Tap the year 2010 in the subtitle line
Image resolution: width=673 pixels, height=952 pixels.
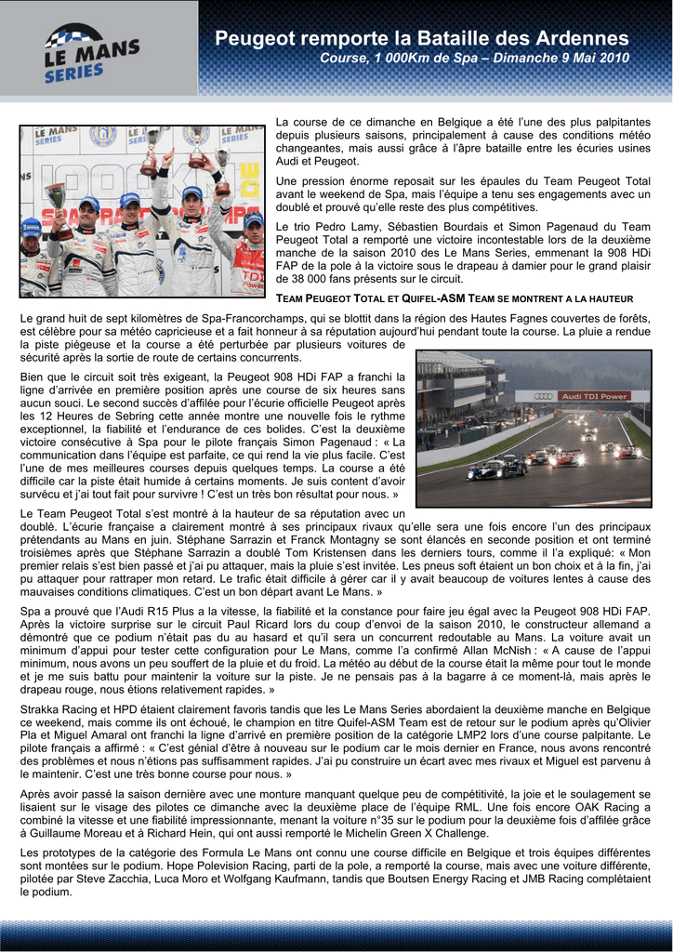pos(611,59)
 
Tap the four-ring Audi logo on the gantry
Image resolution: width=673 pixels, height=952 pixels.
pos(544,397)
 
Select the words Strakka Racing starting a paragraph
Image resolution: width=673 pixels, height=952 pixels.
pos(57,708)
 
